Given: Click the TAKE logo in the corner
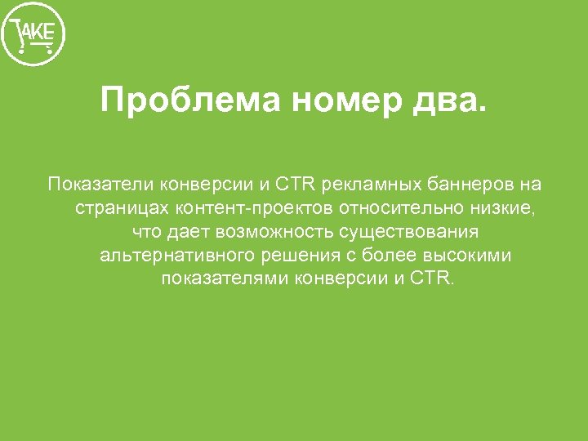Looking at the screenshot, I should coord(33,35).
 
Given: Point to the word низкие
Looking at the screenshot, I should coord(503,207).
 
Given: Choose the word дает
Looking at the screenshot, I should coord(188,231).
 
